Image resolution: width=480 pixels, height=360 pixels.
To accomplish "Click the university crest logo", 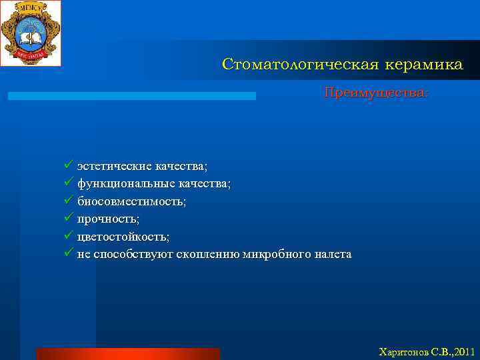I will point(31,33).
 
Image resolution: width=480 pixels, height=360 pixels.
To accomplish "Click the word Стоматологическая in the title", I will point(299,65).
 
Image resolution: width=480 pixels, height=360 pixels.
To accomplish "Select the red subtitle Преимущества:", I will point(377,92).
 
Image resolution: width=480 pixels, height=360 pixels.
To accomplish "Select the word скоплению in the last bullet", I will point(208,255).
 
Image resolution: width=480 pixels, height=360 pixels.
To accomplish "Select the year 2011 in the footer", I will point(463,351).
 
